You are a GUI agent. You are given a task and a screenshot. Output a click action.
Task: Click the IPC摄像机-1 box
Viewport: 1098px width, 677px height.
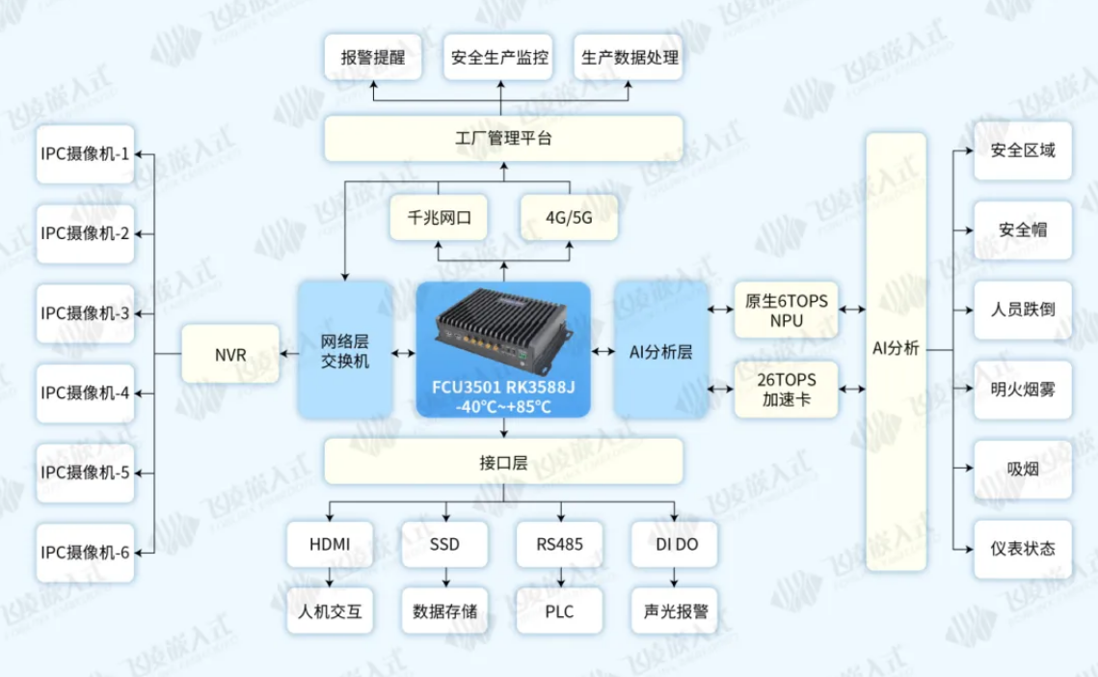[x=85, y=153]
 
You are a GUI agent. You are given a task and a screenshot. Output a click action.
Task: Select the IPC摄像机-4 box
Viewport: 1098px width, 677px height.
[x=85, y=393]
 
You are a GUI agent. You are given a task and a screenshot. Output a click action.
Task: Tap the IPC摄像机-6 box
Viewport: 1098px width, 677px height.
[x=85, y=553]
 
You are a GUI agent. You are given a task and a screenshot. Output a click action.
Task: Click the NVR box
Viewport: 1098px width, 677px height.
[x=230, y=355]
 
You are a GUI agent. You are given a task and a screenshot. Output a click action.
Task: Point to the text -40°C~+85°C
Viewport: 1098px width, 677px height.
[x=503, y=406]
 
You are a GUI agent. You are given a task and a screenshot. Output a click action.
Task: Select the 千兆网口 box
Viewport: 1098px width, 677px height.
[x=438, y=218]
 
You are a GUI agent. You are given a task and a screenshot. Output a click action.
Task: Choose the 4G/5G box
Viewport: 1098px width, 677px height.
[x=568, y=218]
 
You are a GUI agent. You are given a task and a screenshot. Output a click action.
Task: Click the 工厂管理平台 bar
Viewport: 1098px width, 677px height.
[x=503, y=139]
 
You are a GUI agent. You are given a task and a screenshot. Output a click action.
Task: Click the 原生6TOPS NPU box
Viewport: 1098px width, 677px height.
[x=787, y=311]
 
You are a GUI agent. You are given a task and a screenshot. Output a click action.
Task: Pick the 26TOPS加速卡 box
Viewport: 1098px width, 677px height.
[x=787, y=390]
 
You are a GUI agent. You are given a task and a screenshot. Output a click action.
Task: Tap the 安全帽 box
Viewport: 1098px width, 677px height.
[x=1022, y=230]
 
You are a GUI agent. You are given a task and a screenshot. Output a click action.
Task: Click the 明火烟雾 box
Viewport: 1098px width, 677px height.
[x=1022, y=390]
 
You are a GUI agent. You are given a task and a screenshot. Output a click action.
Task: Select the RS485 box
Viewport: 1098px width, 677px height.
[x=559, y=544]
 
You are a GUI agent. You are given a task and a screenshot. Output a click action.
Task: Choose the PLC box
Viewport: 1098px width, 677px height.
[x=559, y=611]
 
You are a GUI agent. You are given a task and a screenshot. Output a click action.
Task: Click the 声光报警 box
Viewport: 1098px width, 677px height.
[x=675, y=611]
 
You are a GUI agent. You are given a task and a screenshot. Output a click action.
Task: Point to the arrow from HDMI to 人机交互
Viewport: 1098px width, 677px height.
[x=330, y=578]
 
